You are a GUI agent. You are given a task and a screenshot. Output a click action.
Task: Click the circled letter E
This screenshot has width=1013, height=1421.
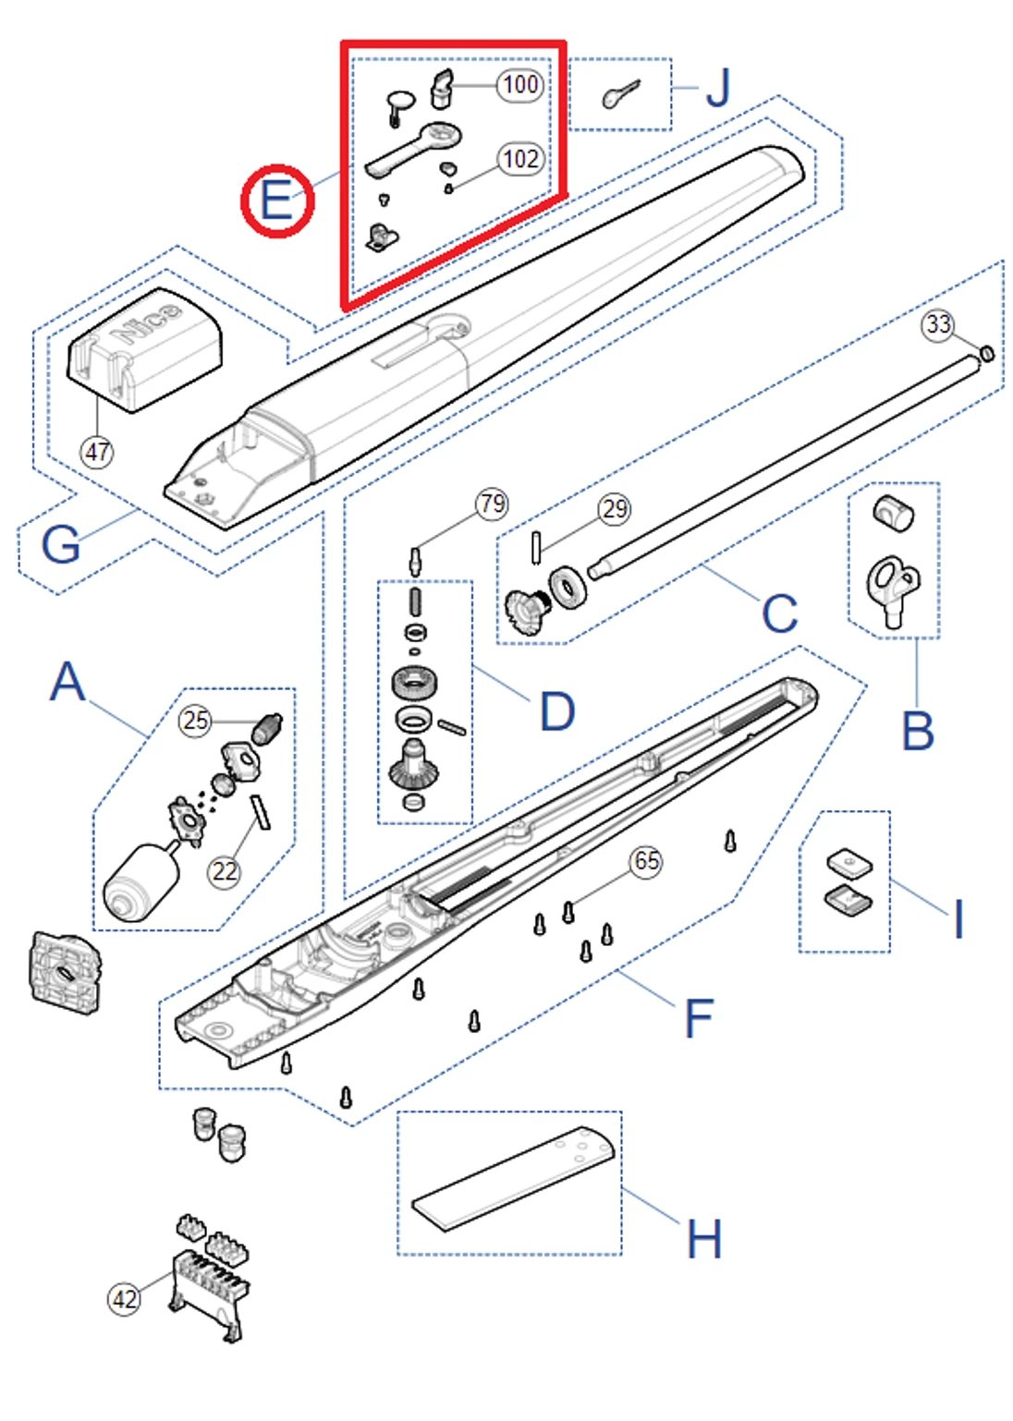[277, 200]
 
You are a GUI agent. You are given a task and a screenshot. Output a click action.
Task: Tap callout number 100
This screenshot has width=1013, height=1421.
[520, 85]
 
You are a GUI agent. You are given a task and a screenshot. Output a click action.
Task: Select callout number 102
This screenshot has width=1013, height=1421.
[520, 159]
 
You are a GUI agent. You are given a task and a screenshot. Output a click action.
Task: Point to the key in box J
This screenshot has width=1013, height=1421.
[620, 93]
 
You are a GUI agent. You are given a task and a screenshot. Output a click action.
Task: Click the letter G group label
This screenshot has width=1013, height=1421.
[61, 543]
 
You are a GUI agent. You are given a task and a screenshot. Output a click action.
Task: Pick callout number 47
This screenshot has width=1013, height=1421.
[97, 452]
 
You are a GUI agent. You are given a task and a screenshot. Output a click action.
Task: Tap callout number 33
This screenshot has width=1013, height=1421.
[938, 324]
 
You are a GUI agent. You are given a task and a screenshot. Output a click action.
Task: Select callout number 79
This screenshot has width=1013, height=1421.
[492, 504]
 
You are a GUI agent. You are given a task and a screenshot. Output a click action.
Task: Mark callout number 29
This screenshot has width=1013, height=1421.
[615, 508]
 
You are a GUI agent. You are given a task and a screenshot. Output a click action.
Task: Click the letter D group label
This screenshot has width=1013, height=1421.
[557, 711]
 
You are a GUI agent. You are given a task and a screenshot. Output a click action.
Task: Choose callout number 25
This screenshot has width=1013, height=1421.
[195, 721]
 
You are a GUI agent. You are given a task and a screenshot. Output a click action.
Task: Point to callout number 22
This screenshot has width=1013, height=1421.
[225, 871]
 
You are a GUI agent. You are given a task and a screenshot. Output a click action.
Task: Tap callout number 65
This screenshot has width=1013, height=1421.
[646, 862]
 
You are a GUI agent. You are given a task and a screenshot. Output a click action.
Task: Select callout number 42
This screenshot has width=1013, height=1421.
[125, 1299]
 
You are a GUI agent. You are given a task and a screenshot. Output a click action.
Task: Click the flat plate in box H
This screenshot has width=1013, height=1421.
[513, 1180]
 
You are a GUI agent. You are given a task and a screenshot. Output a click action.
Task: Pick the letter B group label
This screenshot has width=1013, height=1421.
[917, 731]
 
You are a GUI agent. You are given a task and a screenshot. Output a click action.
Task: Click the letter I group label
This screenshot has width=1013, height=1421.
[958, 919]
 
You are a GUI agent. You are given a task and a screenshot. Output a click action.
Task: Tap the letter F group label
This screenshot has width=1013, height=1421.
[700, 1018]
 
